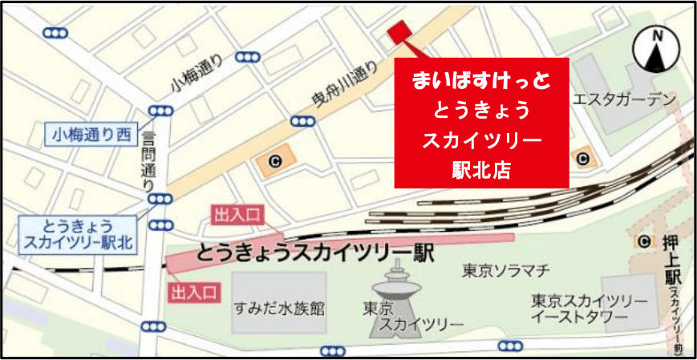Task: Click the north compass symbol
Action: (656, 51)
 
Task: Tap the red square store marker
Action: (399, 31)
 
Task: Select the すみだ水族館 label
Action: (280, 307)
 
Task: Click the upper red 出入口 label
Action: (237, 214)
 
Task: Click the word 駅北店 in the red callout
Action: (481, 170)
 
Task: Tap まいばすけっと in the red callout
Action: (481, 79)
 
